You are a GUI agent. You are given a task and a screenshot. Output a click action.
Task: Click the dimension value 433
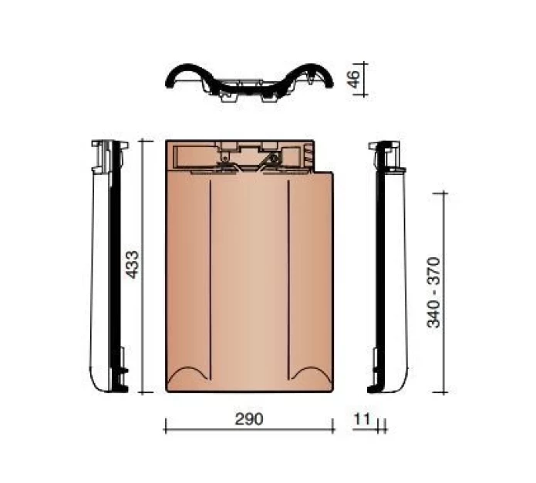coord(132,265)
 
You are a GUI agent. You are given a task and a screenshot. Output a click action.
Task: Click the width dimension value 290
coord(248,419)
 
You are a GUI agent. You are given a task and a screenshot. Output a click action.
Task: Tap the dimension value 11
coord(363,419)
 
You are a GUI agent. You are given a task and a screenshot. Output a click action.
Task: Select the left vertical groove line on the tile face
coord(211,277)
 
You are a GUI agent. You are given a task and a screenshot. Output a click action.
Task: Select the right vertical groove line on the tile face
coord(288,277)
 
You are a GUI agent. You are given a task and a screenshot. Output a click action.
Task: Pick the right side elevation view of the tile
coord(389,266)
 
